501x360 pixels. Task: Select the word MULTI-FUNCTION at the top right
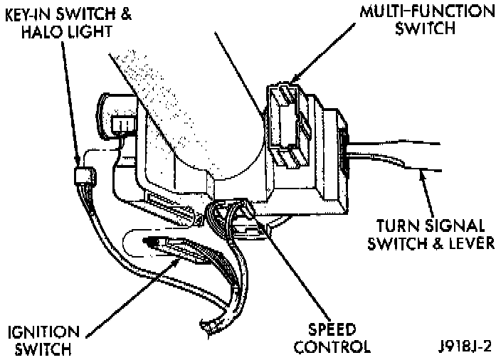pos(418,12)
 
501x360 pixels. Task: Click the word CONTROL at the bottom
pos(333,348)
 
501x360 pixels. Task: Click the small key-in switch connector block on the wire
pos(85,175)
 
